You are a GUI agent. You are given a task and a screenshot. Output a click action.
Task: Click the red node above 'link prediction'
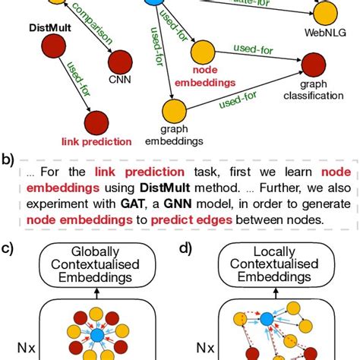pyautogui.click(x=96, y=123)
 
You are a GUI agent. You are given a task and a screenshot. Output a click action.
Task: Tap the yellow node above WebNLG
pyautogui.click(x=324, y=12)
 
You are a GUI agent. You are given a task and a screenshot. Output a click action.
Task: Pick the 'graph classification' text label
pyautogui.click(x=311, y=90)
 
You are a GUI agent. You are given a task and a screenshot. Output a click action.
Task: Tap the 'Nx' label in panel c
pyautogui.click(x=22, y=350)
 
